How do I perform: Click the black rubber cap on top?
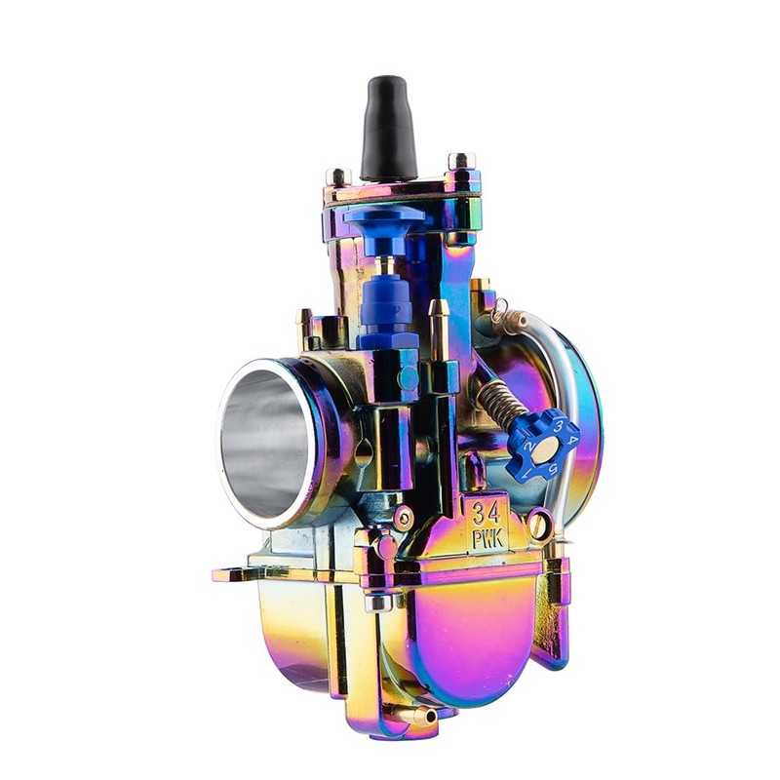[388, 130]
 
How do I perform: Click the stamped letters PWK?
[487, 539]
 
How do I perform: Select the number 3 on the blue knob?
[559, 426]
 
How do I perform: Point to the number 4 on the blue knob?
[573, 441]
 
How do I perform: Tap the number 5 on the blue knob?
[553, 468]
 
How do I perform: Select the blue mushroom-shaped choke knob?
[384, 230]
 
